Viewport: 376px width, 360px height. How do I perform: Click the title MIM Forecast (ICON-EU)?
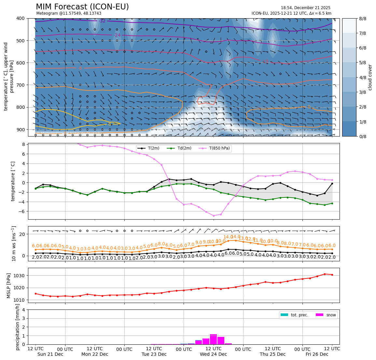point(82,7)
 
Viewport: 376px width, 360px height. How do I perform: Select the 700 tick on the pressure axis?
point(21,85)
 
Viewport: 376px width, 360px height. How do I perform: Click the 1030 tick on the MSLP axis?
point(20,276)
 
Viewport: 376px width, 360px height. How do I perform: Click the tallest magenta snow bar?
point(213,339)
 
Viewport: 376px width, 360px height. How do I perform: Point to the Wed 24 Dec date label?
point(213,354)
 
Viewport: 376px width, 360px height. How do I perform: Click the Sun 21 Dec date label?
point(50,354)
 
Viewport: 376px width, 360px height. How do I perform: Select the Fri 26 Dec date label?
point(317,354)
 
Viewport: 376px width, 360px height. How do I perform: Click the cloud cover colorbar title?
point(370,77)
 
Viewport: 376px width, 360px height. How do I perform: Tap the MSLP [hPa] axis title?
point(9,285)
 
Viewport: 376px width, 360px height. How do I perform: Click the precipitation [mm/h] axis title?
point(18,327)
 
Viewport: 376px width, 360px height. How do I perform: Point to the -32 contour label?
point(102,21)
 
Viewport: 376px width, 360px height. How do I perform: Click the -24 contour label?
point(117,35)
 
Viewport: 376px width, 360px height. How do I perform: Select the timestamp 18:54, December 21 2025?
point(305,8)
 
